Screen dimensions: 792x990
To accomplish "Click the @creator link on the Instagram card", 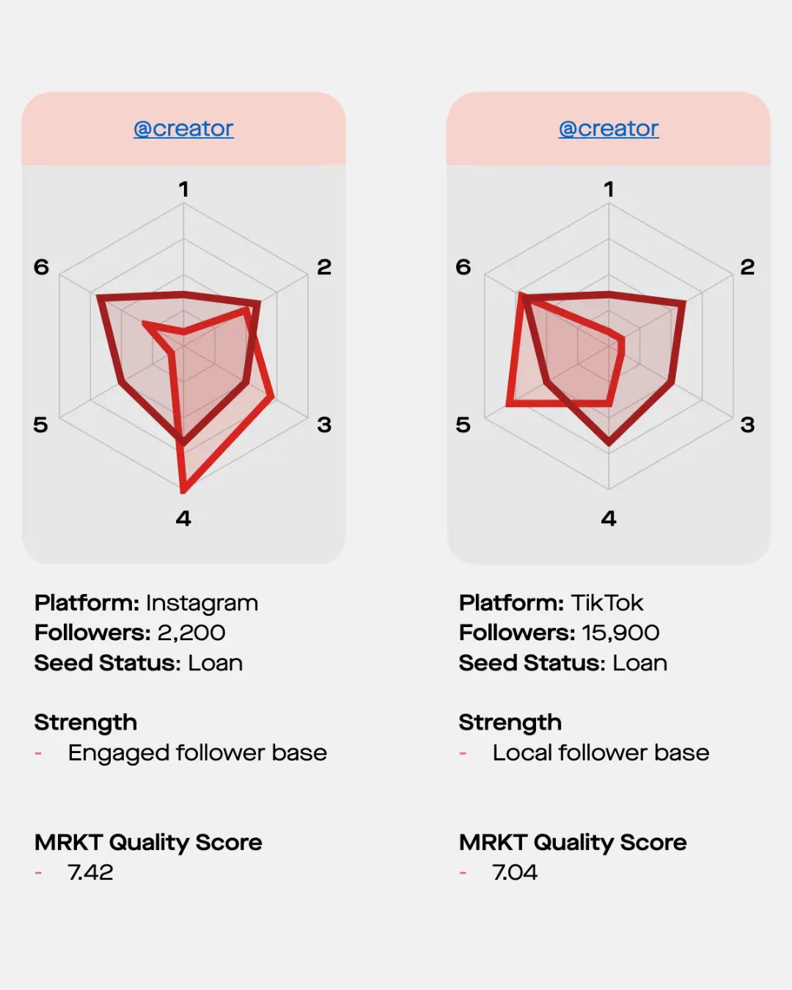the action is [183, 129].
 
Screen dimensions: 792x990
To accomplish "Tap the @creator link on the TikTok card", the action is [609, 129].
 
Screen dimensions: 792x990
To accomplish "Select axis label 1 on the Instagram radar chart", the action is [183, 189].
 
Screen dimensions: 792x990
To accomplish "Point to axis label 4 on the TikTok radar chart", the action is [609, 518].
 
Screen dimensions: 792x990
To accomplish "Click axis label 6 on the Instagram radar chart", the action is [41, 267].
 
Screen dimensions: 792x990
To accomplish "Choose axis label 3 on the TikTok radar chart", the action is [747, 425].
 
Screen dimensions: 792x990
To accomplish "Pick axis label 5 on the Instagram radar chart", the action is [40, 425].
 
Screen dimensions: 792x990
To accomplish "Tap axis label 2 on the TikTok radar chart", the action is [747, 267].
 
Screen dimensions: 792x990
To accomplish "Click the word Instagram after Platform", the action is [202, 603].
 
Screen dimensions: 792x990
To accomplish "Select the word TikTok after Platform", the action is [607, 603].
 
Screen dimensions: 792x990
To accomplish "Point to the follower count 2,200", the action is [191, 633].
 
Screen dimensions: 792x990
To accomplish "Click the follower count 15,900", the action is [620, 633].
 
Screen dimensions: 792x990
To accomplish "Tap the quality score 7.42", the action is [90, 872].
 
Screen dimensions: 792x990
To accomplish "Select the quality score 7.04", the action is [515, 872].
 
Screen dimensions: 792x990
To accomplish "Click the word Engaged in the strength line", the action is [120, 754].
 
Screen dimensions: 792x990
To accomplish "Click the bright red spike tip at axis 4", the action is [183, 491].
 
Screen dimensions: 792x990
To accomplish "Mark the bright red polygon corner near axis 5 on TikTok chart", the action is [509, 403].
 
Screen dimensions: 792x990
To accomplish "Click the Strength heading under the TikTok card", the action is [510, 722].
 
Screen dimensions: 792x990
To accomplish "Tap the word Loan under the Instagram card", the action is [216, 663].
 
